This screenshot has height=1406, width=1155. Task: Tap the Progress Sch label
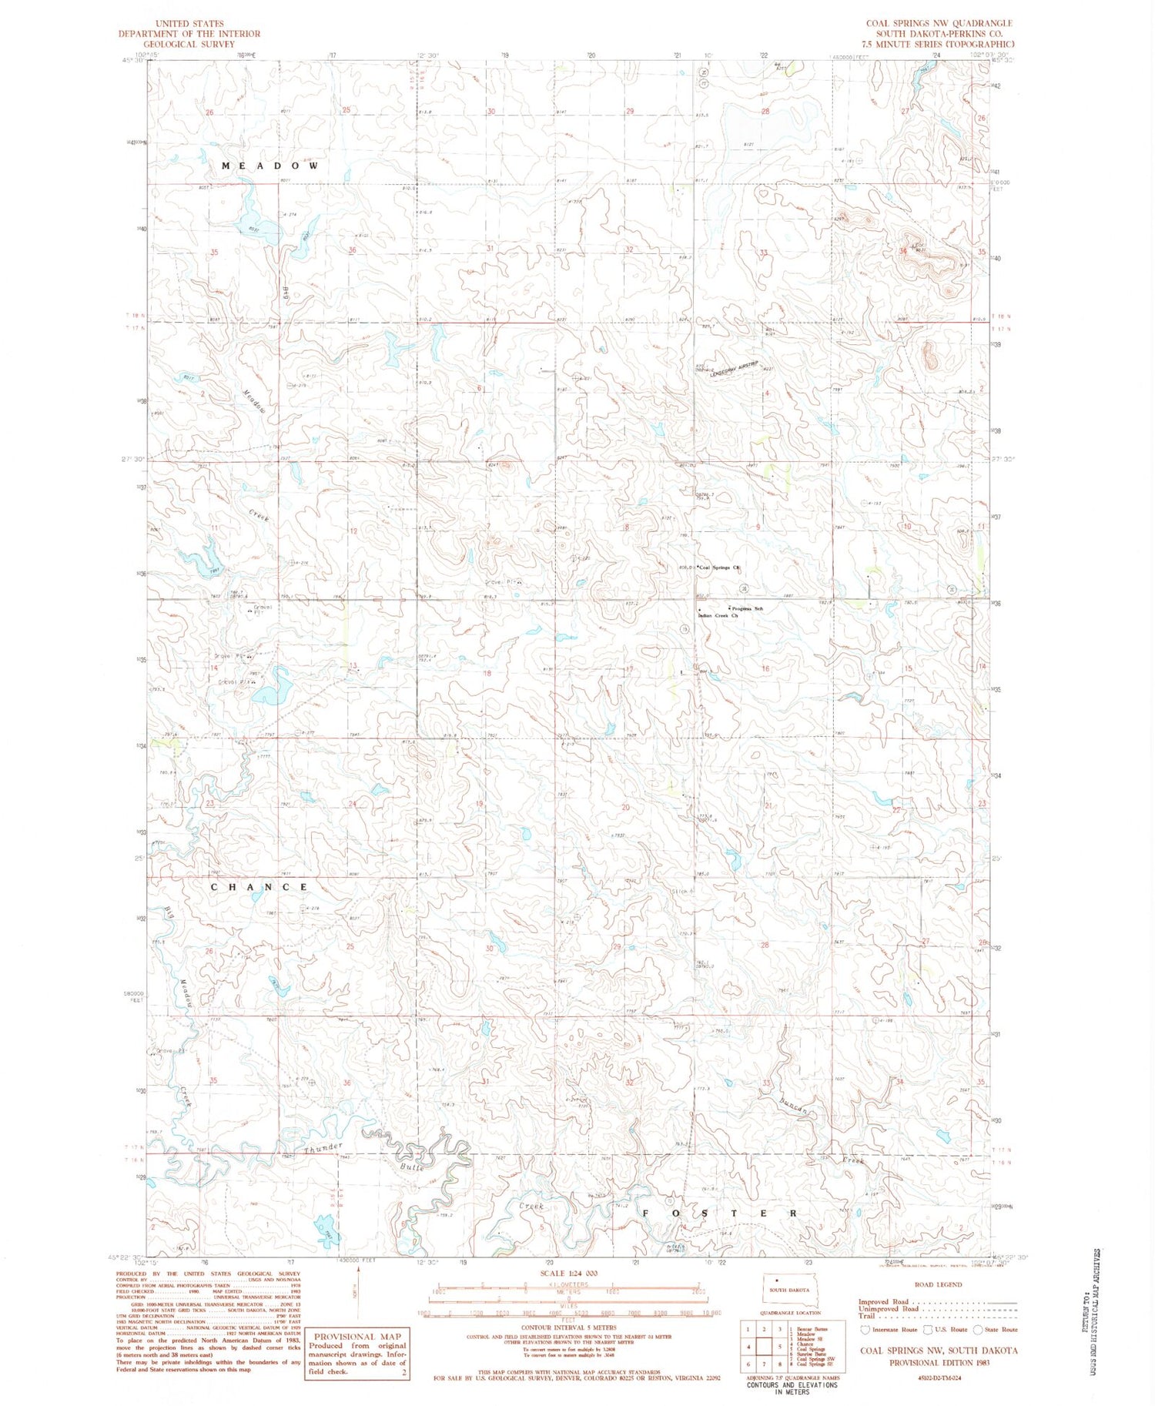[746, 609]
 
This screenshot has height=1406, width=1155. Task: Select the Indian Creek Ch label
[718, 616]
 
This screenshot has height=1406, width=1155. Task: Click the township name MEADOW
[270, 166]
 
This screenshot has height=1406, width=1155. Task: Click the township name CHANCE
[259, 887]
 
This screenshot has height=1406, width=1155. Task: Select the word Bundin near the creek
[793, 1107]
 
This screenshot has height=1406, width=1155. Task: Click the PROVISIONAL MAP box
[357, 1353]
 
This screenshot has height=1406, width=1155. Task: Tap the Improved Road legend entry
[885, 1302]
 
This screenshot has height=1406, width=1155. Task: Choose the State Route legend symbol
[978, 1330]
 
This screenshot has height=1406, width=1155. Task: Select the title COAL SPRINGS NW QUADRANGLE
[939, 24]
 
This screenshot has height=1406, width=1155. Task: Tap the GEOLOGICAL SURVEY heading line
[188, 45]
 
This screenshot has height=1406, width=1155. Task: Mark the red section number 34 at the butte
[902, 251]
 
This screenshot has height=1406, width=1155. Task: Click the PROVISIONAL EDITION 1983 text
[939, 1362]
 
